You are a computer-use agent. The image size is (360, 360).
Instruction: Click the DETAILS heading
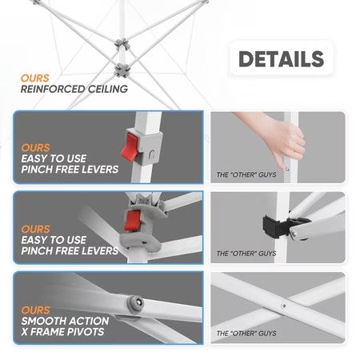[x=281, y=59]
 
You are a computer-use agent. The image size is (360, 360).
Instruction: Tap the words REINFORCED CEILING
[x=74, y=89]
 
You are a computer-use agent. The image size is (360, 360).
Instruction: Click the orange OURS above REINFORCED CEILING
[x=35, y=78]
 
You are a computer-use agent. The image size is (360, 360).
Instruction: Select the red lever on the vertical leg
[x=130, y=147]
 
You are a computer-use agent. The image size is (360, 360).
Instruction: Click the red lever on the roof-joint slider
[x=132, y=220]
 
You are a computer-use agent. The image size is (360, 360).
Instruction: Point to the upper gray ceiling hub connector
[x=122, y=44]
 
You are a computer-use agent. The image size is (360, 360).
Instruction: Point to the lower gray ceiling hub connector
[x=122, y=70]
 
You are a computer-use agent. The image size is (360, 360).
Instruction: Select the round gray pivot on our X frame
[x=135, y=303]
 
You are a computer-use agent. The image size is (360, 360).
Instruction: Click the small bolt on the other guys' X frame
[x=284, y=306]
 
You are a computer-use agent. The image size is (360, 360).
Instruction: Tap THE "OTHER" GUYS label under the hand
[x=246, y=175]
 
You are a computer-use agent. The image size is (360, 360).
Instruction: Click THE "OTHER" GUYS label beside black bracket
[x=246, y=254]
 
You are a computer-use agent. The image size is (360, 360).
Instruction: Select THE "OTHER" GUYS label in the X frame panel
[x=246, y=334]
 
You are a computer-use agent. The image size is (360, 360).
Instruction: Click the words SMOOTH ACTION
[x=65, y=321]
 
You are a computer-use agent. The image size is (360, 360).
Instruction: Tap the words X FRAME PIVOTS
[x=62, y=332]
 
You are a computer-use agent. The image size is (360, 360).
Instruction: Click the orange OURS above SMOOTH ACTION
[x=35, y=310]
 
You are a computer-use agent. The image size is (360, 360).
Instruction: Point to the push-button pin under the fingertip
[x=287, y=170]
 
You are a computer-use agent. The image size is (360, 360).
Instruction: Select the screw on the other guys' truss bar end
[x=294, y=234]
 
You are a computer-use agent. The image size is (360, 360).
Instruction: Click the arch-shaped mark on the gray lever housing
[x=151, y=154]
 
